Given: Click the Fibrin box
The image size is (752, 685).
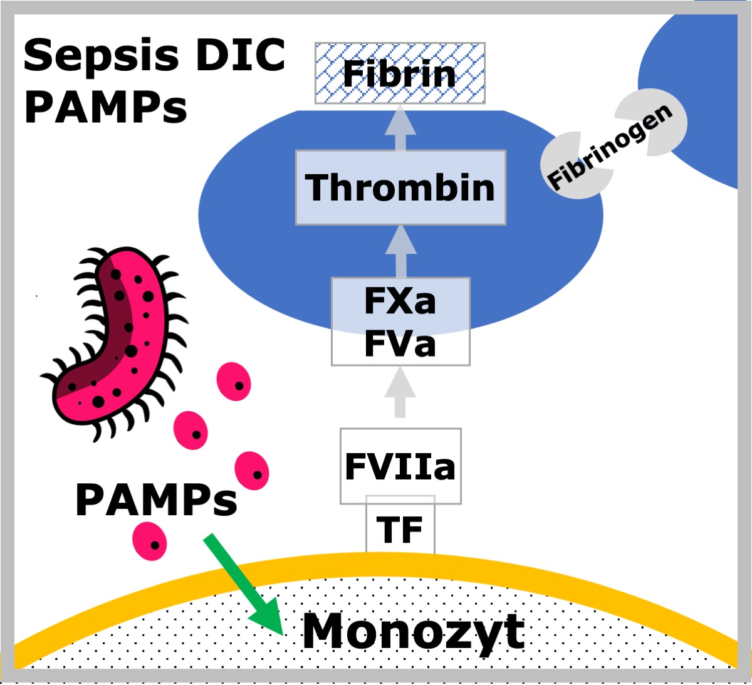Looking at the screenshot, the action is pos(400,73).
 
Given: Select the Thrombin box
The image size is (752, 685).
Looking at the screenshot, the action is pos(400,187).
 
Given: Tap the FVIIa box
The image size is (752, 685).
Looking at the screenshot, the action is pos(400,466).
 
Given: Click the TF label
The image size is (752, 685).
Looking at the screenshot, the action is pos(400,530).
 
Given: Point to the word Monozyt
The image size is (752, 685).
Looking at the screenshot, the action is pos(413,633).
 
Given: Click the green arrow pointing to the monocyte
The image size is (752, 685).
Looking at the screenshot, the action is pos(244,585).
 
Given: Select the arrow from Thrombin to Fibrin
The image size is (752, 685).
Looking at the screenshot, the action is pos(400,127).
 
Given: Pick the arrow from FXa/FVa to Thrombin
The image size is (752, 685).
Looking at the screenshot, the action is pos(400,251).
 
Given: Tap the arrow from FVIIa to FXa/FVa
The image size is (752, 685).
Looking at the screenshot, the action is pos(400,392).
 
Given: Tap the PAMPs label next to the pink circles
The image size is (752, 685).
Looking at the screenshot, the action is pos(156,499).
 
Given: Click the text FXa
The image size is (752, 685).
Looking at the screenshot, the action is pos(400,301).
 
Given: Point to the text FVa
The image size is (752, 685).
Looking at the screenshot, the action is pos(400,344).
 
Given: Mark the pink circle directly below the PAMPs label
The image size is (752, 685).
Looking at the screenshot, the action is pos(150,541).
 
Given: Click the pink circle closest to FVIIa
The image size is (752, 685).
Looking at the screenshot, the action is pos(252,471).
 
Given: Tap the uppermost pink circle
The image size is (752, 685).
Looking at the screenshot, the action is pos(234,382).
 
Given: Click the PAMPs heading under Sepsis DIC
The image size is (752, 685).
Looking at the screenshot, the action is pos(105,107).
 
